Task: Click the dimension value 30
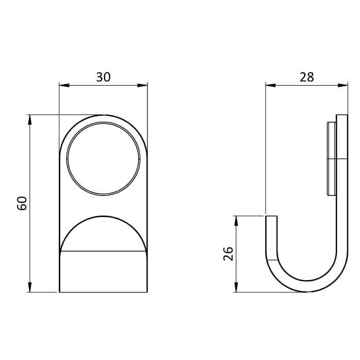click(x=103, y=77)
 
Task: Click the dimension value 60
click(x=22, y=203)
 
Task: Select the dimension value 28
click(x=306, y=77)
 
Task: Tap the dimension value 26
click(x=228, y=253)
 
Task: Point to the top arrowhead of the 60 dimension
click(x=30, y=119)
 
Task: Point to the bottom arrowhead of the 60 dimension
click(x=30, y=287)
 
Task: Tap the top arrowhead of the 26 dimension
click(x=236, y=220)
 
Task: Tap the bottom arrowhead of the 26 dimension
click(x=236, y=287)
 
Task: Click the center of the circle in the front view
click(x=103, y=159)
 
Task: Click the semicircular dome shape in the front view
click(x=103, y=235)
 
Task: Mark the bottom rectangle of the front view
click(x=103, y=271)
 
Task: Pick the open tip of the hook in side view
click(x=271, y=218)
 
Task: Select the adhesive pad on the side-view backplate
click(x=331, y=158)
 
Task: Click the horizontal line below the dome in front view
click(x=103, y=251)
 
